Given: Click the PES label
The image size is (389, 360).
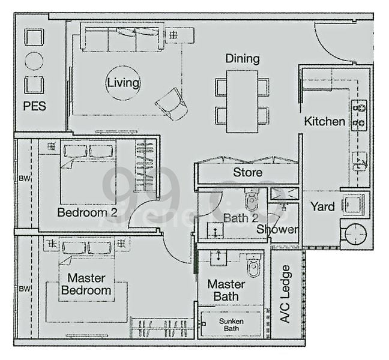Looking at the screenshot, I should [x=35, y=106].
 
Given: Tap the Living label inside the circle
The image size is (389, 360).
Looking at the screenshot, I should [x=123, y=83].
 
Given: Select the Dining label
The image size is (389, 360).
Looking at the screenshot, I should [x=243, y=59].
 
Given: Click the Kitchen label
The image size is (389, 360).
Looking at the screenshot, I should [x=325, y=121].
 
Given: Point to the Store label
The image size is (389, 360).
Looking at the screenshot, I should [x=247, y=173].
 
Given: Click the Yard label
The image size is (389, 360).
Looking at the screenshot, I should [x=322, y=206].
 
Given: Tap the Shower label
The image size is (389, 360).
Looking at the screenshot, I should [x=277, y=230].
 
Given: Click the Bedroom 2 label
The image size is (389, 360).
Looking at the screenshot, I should [x=87, y=212].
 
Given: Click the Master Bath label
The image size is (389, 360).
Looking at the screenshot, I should [x=226, y=290].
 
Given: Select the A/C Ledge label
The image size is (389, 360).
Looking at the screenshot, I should [x=286, y=294].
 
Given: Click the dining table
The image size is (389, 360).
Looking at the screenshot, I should [x=243, y=101].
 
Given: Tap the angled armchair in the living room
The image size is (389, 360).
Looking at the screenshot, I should [x=172, y=103].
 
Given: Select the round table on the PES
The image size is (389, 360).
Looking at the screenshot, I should [x=34, y=61].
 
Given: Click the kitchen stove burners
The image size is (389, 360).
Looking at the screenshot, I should [x=359, y=115].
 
